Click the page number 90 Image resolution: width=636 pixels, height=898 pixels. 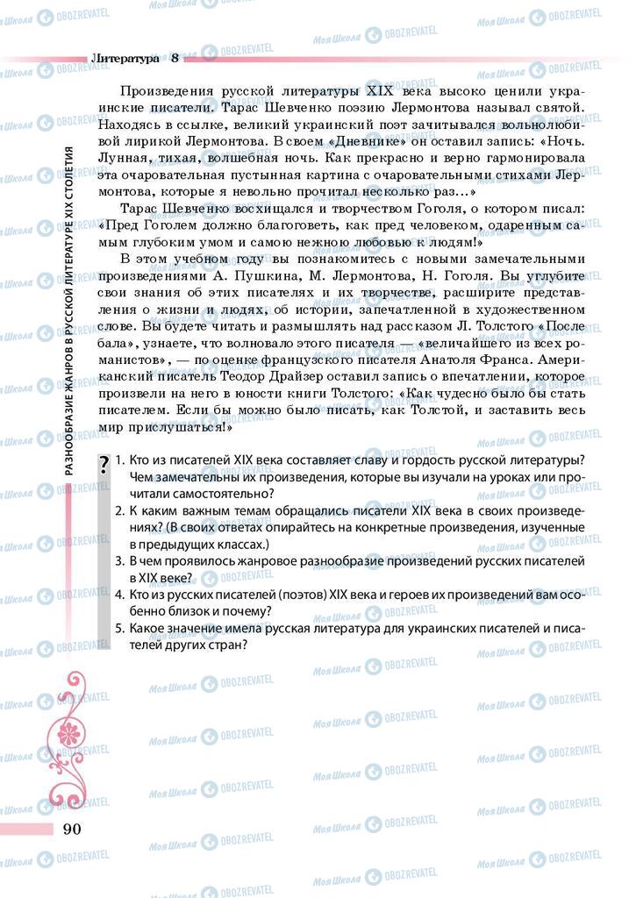pyautogui.click(x=71, y=830)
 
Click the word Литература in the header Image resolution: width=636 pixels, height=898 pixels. pyautogui.click(x=125, y=59)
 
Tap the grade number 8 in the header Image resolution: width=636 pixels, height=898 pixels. pyautogui.click(x=175, y=59)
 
